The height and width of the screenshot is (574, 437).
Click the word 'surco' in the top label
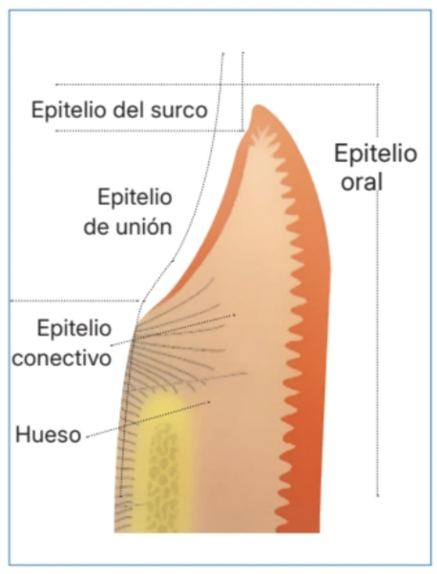coord(181,110)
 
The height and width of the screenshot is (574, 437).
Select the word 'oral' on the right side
coord(362,181)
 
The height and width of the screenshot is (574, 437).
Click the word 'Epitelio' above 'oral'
coord(376,154)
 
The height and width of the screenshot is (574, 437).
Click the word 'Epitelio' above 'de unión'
coord(135,197)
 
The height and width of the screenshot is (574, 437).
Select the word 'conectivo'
coord(62,358)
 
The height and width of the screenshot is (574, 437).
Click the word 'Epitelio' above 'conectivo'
coord(74,328)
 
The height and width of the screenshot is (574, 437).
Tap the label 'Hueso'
coord(48,435)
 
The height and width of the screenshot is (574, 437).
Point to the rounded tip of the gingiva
coord(259,108)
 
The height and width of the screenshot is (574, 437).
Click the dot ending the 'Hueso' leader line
coord(209,401)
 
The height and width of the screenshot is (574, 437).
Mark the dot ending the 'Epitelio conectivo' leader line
coord(234,315)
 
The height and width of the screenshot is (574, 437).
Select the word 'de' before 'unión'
coord(96,227)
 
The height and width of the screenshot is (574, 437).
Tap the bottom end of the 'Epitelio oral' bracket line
coord(378,495)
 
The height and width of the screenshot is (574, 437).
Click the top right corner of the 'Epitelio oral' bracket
coord(378,85)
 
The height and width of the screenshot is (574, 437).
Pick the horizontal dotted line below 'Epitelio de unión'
coord(75,301)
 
